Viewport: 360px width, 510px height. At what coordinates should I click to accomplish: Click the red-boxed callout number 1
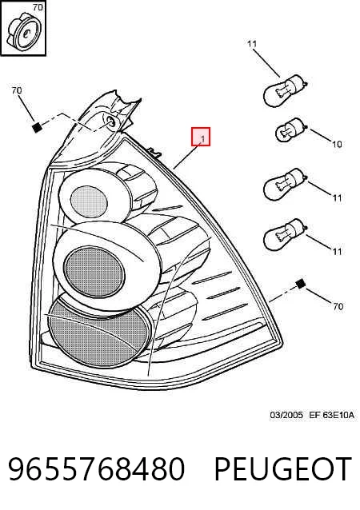[202, 140]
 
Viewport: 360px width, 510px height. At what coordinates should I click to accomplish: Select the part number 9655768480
[96, 468]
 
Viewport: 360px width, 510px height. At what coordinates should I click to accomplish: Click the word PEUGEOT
[282, 468]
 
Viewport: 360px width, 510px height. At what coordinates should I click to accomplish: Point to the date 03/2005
[286, 415]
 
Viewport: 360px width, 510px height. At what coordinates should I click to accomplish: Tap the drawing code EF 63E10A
[331, 415]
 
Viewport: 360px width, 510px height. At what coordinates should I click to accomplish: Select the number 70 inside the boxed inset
[38, 7]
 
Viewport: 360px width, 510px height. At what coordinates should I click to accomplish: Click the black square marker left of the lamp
[37, 127]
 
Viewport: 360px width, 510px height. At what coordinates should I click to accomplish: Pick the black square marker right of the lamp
[301, 284]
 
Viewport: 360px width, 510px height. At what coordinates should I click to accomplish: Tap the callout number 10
[337, 144]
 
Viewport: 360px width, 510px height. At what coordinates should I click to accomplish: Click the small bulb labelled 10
[290, 130]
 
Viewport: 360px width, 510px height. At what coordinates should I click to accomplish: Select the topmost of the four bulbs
[285, 90]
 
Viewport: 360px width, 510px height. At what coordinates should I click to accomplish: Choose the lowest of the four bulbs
[285, 234]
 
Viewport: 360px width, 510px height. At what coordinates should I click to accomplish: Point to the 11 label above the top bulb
[252, 44]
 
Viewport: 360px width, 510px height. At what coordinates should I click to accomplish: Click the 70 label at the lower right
[338, 306]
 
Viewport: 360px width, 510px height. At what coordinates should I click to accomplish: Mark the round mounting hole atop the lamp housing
[110, 122]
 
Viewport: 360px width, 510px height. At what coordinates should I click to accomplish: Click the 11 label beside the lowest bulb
[337, 251]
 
